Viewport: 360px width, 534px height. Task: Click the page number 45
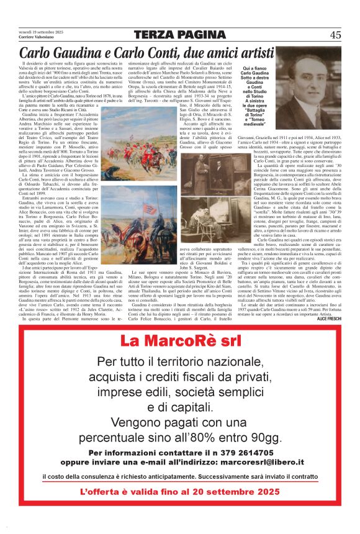(335, 35)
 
